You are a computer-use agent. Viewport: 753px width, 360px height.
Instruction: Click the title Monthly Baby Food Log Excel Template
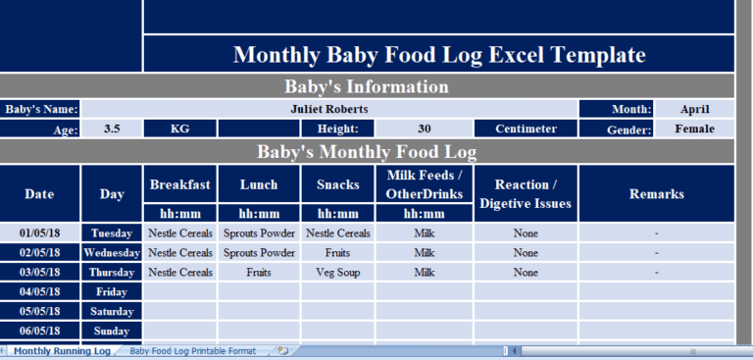[438, 55]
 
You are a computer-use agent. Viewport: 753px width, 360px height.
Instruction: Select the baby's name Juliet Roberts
[329, 109]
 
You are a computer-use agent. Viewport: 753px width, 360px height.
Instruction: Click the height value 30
[424, 129]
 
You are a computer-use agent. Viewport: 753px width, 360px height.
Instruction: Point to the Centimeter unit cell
[526, 129]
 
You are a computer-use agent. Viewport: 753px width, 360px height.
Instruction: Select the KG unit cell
[179, 129]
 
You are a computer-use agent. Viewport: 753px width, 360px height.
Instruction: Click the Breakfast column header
[179, 184]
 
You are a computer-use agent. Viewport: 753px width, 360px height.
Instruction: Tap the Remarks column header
[656, 193]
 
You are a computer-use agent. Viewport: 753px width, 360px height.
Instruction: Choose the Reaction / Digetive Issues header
[526, 193]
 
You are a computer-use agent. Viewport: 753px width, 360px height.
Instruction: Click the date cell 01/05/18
[40, 233]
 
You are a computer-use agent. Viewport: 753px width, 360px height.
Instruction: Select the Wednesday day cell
[112, 253]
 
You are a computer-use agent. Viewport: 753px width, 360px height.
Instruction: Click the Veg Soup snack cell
[338, 272]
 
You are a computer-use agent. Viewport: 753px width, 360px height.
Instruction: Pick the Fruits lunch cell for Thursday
[259, 272]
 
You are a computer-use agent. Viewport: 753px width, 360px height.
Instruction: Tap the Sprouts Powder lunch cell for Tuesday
[259, 233]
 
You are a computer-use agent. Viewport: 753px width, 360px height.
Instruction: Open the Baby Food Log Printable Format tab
[192, 350]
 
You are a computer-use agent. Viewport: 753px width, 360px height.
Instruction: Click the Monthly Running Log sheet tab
[62, 350]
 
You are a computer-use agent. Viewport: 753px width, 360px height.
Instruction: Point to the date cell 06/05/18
[40, 331]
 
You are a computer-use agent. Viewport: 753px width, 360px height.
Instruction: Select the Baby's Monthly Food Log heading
[366, 152]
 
